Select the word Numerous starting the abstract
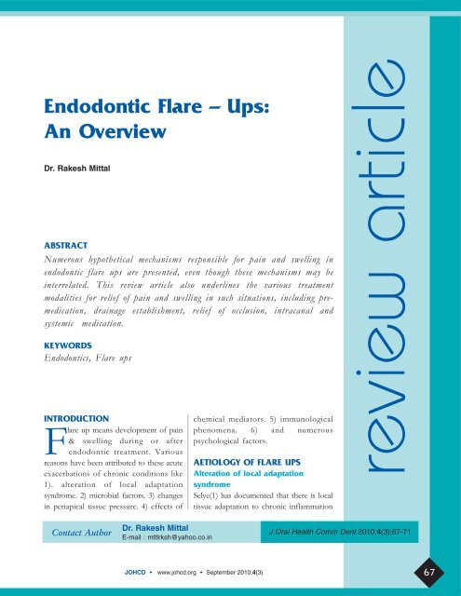coord(80,254)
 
